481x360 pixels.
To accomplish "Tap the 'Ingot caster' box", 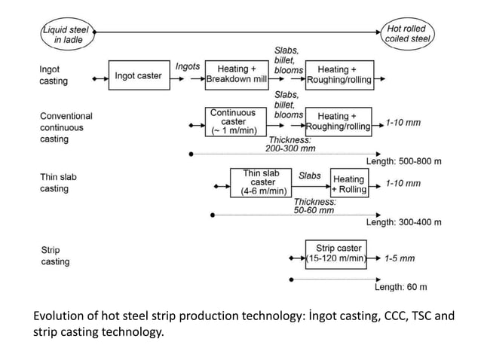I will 138,75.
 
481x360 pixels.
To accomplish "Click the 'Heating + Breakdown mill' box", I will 237,75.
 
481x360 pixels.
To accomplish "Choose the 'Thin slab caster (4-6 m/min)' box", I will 262,182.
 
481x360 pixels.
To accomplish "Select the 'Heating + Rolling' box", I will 349,184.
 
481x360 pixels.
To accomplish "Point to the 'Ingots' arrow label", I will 188,66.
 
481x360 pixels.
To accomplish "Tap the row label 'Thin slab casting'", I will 58,183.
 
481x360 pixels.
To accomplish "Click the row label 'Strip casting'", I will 54,256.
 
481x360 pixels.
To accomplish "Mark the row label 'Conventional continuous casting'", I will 66,128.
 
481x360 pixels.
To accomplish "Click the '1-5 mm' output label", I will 399,258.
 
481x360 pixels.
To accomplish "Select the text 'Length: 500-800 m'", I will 404,162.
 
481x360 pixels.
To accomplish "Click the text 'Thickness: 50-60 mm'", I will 314,206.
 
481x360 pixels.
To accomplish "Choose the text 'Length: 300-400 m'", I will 404,222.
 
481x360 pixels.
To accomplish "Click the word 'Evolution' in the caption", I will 61,316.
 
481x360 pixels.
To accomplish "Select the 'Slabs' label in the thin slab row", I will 309,175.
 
